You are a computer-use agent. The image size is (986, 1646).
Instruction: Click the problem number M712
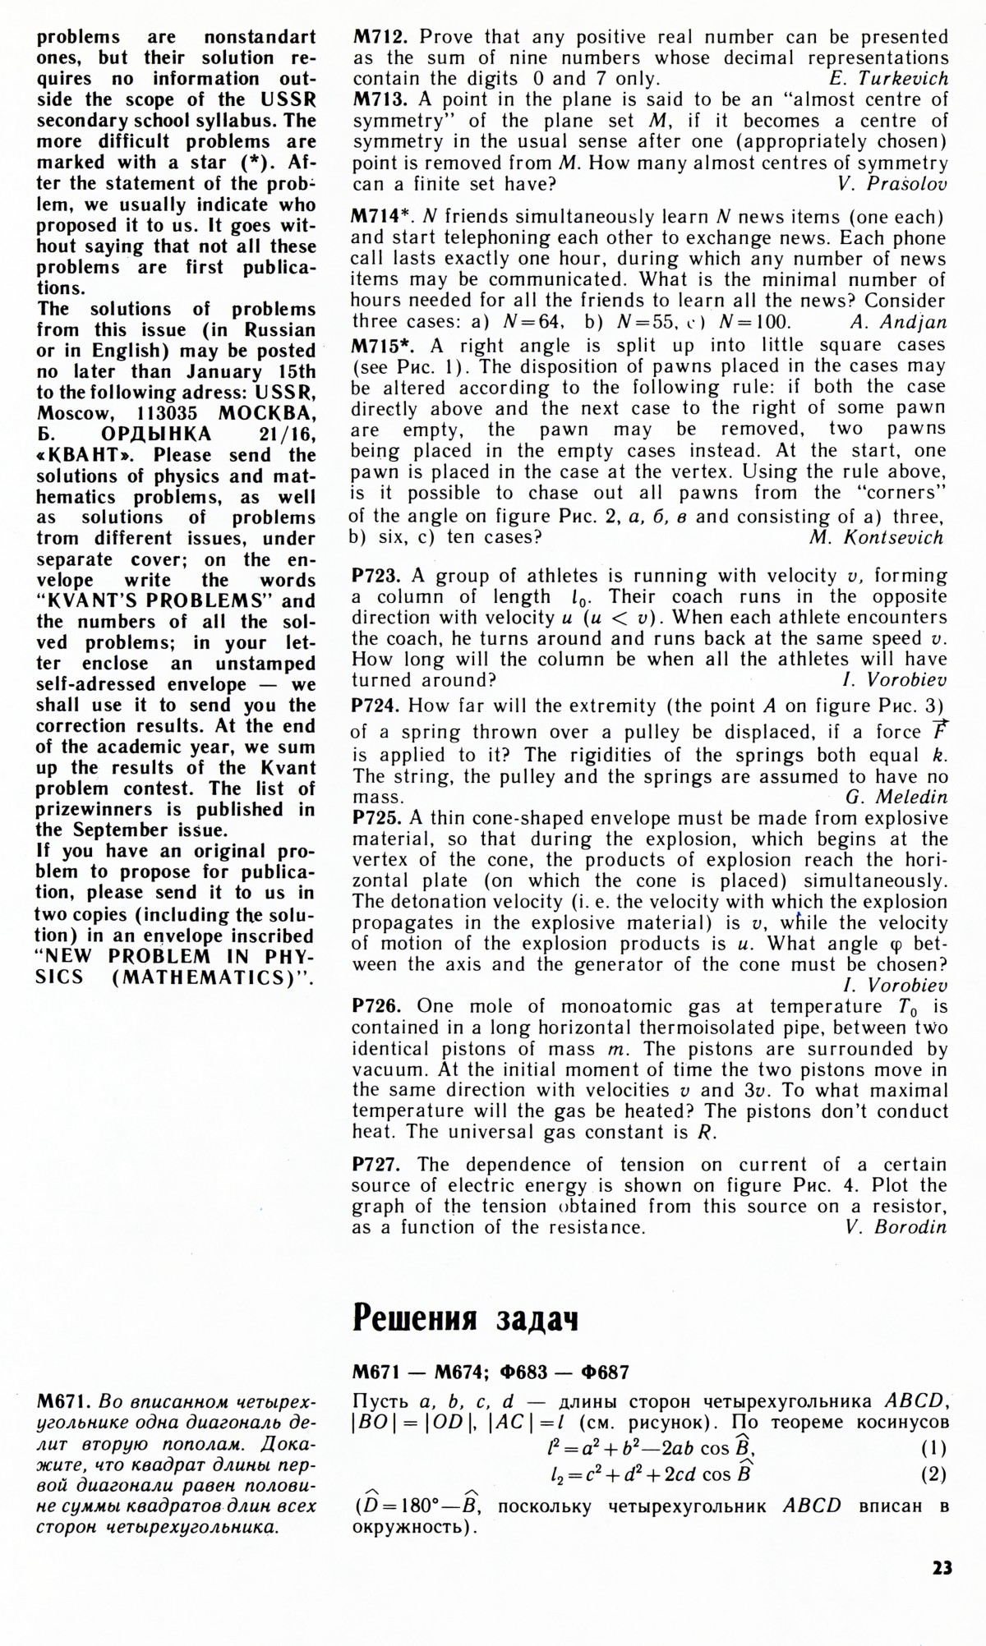pyautogui.click(x=381, y=37)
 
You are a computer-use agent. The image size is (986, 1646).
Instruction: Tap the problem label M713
pyautogui.click(x=381, y=99)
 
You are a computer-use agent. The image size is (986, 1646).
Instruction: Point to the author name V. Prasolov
pyautogui.click(x=893, y=184)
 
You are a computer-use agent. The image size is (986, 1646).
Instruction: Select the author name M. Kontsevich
pyautogui.click(x=877, y=538)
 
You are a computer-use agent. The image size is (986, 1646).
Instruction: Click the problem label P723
pyautogui.click(x=377, y=576)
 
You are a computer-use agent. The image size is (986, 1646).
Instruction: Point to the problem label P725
pyautogui.click(x=377, y=818)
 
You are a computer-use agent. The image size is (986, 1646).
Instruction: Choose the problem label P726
pyautogui.click(x=377, y=1006)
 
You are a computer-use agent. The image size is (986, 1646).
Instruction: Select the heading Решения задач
pyautogui.click(x=465, y=1317)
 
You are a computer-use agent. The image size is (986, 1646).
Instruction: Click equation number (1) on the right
pyautogui.click(x=933, y=1448)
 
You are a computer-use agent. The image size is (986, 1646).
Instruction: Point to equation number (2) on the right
pyautogui.click(x=933, y=1474)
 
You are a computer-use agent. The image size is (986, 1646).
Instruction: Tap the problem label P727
pyautogui.click(x=377, y=1164)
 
